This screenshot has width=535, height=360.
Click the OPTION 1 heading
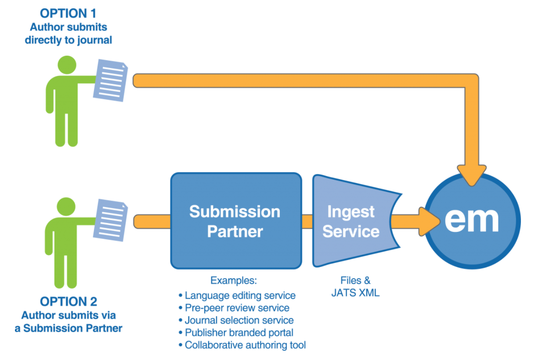pyautogui.click(x=68, y=14)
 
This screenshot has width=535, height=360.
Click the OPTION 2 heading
pyautogui.click(x=68, y=302)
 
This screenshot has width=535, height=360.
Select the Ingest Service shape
pyautogui.click(x=351, y=221)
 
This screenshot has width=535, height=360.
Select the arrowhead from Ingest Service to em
pyautogui.click(x=428, y=221)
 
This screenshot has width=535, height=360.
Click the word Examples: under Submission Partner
pyautogui.click(x=233, y=280)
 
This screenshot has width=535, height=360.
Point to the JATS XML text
pyautogui.click(x=355, y=293)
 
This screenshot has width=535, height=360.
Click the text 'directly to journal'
pyautogui.click(x=68, y=40)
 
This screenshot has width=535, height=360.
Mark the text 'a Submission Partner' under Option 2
pyautogui.click(x=68, y=328)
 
